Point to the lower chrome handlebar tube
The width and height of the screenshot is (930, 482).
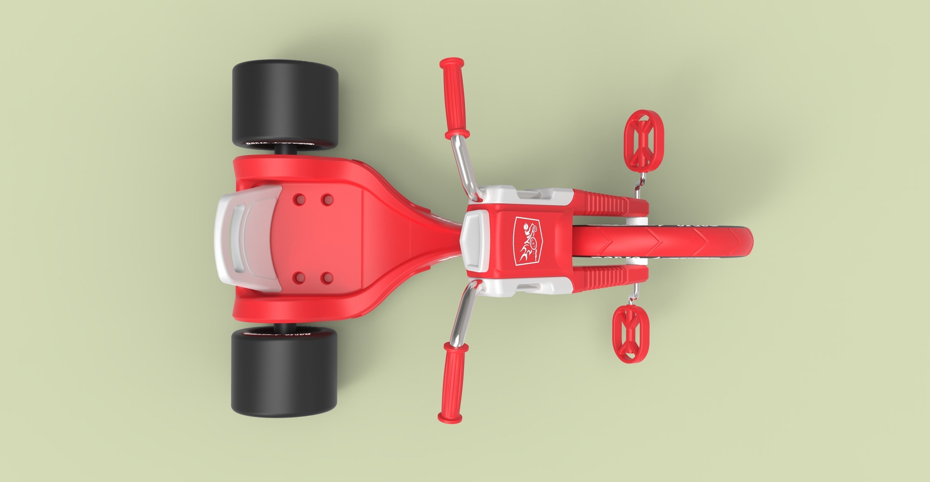coord(462,314)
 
